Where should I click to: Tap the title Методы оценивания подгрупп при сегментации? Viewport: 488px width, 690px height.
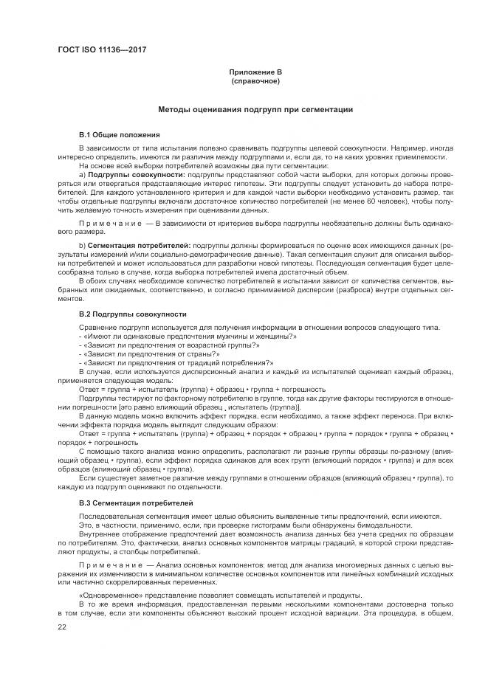point(255,109)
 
